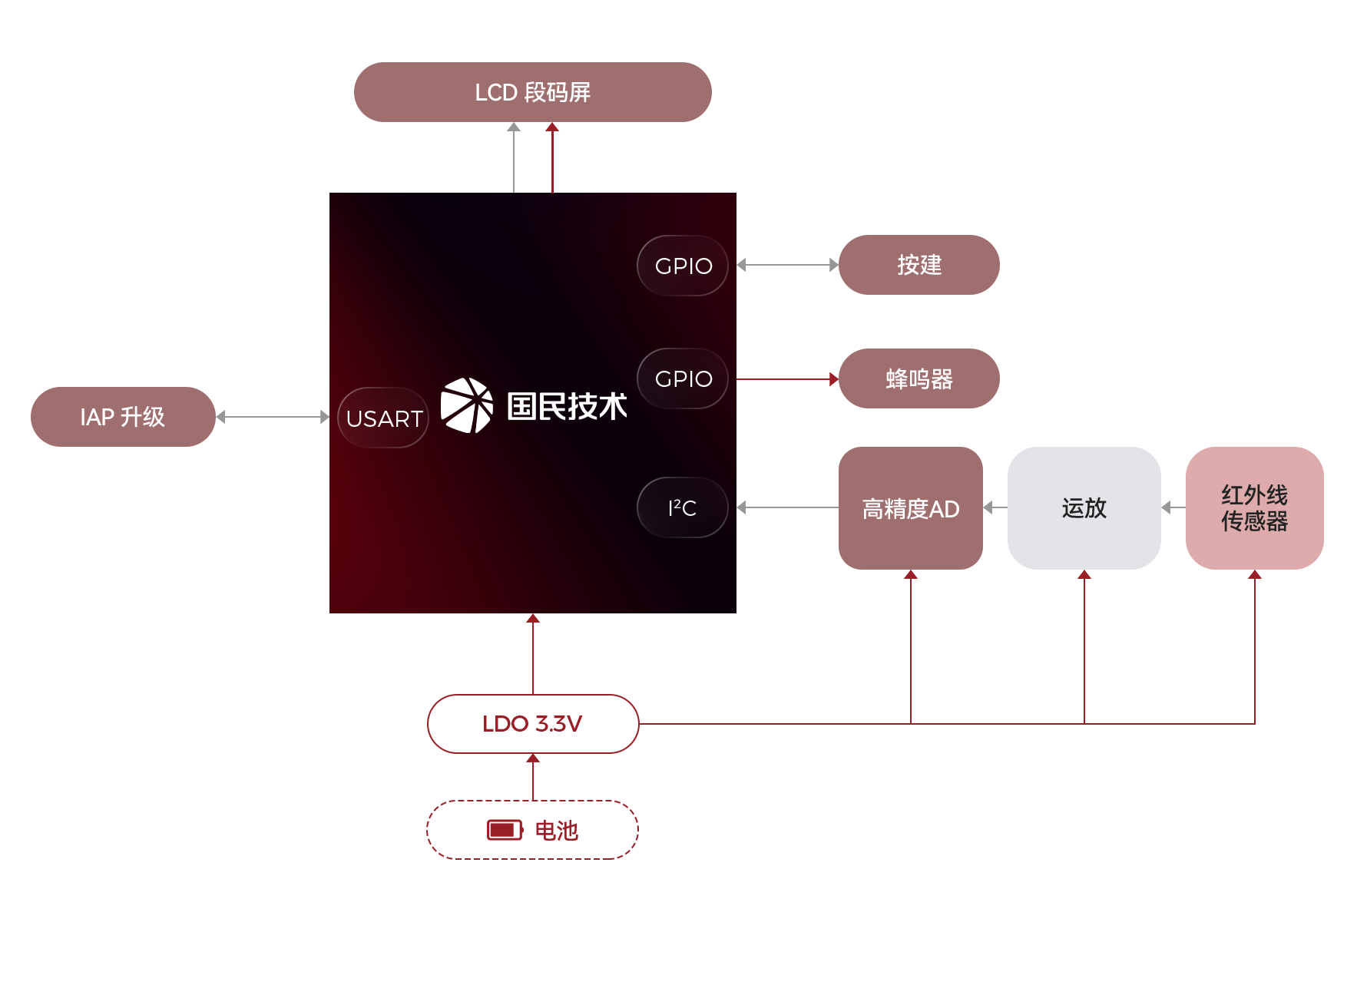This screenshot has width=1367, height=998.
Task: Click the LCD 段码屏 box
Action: [x=532, y=92]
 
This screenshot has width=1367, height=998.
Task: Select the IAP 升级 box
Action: [x=123, y=416]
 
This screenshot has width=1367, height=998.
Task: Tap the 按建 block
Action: [x=919, y=264]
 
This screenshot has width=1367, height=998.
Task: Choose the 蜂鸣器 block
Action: [x=919, y=378]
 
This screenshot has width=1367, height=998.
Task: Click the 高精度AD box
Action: [x=910, y=507]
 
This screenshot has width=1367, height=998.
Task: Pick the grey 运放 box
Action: [x=1084, y=507]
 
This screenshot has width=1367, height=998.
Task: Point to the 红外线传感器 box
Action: [x=1253, y=507]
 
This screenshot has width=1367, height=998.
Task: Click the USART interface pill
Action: [x=383, y=418]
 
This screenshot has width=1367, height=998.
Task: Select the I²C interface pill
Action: [x=682, y=507]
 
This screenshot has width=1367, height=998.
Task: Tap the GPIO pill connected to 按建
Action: [x=683, y=266]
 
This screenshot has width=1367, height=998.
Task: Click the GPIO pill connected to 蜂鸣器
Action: [x=683, y=378]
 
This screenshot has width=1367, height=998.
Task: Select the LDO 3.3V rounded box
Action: [x=532, y=723]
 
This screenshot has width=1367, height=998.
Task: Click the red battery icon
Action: [x=505, y=830]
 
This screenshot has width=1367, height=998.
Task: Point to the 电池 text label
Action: [x=556, y=830]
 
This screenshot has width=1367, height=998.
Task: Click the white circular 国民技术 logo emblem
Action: [x=467, y=405]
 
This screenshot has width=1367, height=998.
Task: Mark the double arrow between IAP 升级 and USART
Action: [x=273, y=417]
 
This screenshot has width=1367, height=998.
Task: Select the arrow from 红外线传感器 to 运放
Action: [x=1173, y=507]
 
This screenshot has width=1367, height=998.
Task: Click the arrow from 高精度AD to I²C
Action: [x=786, y=507]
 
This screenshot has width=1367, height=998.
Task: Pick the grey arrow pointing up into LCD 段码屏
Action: [x=514, y=157]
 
